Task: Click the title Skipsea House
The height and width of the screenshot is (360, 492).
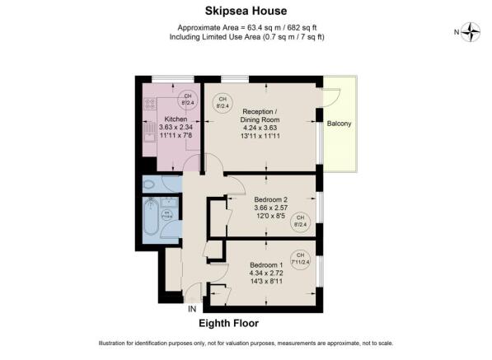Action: pos(246,12)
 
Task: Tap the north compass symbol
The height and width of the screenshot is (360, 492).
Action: pos(471,32)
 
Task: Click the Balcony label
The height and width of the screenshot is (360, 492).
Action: pos(338,124)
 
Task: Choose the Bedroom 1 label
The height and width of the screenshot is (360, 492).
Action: pos(265,264)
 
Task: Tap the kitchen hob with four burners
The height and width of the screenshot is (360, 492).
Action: pos(149,104)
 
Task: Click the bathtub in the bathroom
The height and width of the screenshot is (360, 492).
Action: pos(151,217)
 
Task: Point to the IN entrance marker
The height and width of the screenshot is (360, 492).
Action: pos(192,309)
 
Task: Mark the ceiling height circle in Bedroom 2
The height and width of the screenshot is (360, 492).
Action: pos(300,220)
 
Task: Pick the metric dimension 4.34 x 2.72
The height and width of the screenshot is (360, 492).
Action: pos(265,273)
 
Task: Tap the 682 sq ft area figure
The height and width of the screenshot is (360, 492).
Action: pos(298,26)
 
